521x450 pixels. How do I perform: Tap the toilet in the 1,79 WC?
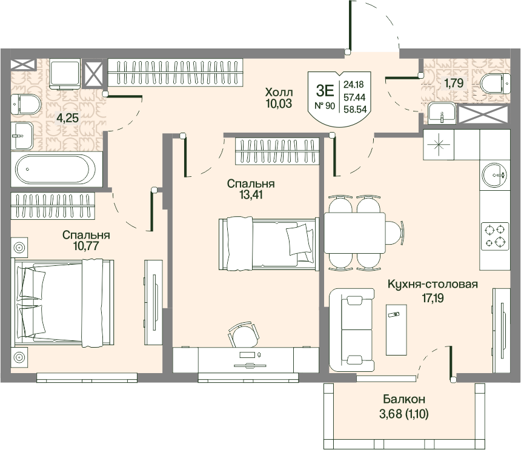click(495, 84)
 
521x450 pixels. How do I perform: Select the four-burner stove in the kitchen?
click(495, 236)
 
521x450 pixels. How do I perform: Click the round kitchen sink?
click(495, 174)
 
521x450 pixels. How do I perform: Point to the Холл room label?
click(279, 91)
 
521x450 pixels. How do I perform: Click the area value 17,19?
click(433, 298)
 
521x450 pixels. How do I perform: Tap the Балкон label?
click(403, 399)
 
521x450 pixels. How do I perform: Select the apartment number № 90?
click(325, 106)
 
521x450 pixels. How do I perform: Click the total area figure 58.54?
click(355, 109)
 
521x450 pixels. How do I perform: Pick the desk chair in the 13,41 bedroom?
click(242, 334)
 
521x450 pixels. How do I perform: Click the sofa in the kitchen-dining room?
click(352, 330)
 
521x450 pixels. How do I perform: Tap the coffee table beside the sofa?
click(396, 329)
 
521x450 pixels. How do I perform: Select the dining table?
click(355, 233)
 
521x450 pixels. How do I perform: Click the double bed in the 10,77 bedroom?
click(64, 303)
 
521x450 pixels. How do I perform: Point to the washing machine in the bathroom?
click(65, 73)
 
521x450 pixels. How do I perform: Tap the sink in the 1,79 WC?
click(441, 112)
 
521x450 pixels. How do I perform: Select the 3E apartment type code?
click(325, 90)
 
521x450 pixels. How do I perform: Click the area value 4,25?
click(67, 117)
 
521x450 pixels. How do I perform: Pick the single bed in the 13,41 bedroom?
click(267, 243)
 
